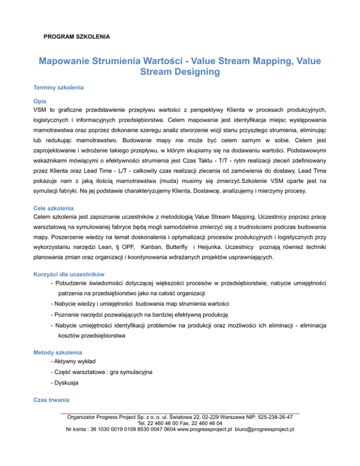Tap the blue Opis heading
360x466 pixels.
[x=39, y=101]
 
